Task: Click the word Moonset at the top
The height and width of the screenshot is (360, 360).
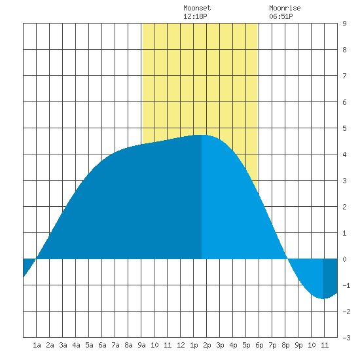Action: point(197,8)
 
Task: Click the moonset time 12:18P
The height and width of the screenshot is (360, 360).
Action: point(195,16)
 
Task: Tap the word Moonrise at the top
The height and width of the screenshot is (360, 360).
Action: point(285,8)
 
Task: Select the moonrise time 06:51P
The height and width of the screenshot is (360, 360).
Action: point(281,16)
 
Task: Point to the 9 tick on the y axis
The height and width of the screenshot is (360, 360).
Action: point(344,24)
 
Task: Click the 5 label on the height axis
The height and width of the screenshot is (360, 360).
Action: point(344,128)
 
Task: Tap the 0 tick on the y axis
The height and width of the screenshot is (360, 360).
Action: point(344,259)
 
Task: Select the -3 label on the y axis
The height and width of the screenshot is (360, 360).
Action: point(346,338)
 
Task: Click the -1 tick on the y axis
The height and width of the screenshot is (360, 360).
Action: point(346,285)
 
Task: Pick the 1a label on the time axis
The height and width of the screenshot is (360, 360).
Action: point(37,345)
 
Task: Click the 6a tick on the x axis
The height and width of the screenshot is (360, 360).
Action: point(102,345)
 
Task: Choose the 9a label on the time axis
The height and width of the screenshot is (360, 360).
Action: point(141,345)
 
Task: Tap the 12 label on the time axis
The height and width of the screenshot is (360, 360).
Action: point(181,345)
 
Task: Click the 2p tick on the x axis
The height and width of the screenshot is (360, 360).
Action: point(207,345)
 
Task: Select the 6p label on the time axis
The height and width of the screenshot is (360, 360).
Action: point(259,345)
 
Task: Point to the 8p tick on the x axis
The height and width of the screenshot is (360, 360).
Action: point(285,345)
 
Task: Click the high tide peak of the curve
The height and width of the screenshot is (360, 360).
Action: point(202,135)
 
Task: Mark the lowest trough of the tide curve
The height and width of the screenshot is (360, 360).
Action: point(323,298)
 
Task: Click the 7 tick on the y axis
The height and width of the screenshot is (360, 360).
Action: point(344,76)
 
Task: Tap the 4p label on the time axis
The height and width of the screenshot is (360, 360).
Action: point(233,345)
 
